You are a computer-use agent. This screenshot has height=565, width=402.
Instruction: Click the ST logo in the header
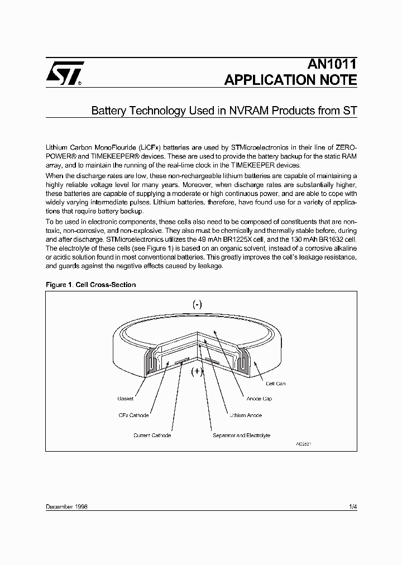(64, 73)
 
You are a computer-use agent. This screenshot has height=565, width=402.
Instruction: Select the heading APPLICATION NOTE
(290, 80)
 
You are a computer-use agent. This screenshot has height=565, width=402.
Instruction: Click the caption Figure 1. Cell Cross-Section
(90, 285)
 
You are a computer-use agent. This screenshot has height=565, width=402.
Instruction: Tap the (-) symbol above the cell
(198, 304)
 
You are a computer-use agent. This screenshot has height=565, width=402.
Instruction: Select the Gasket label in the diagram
(125, 399)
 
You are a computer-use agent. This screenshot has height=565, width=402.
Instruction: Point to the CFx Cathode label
(133, 415)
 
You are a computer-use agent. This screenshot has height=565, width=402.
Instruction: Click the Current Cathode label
(152, 435)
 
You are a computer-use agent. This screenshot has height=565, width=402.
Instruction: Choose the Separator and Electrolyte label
(241, 435)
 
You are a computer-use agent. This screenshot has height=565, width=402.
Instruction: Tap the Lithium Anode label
(245, 415)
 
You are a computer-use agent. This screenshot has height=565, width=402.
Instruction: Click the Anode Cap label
(259, 399)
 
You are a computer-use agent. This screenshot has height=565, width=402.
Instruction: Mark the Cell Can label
(275, 384)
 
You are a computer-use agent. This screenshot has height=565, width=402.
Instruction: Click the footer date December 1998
(66, 506)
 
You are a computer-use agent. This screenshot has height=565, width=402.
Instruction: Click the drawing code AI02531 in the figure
(303, 443)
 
